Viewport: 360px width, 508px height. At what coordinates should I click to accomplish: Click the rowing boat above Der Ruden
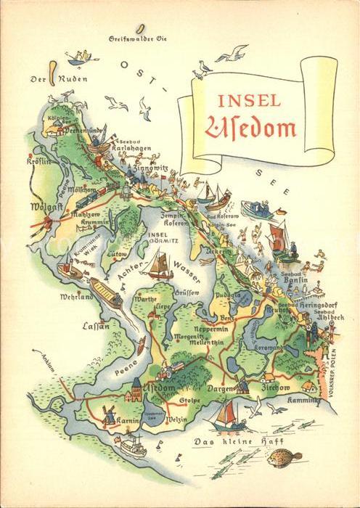pos(81,56)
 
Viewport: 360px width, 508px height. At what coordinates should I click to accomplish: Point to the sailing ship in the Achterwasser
pos(160,265)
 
